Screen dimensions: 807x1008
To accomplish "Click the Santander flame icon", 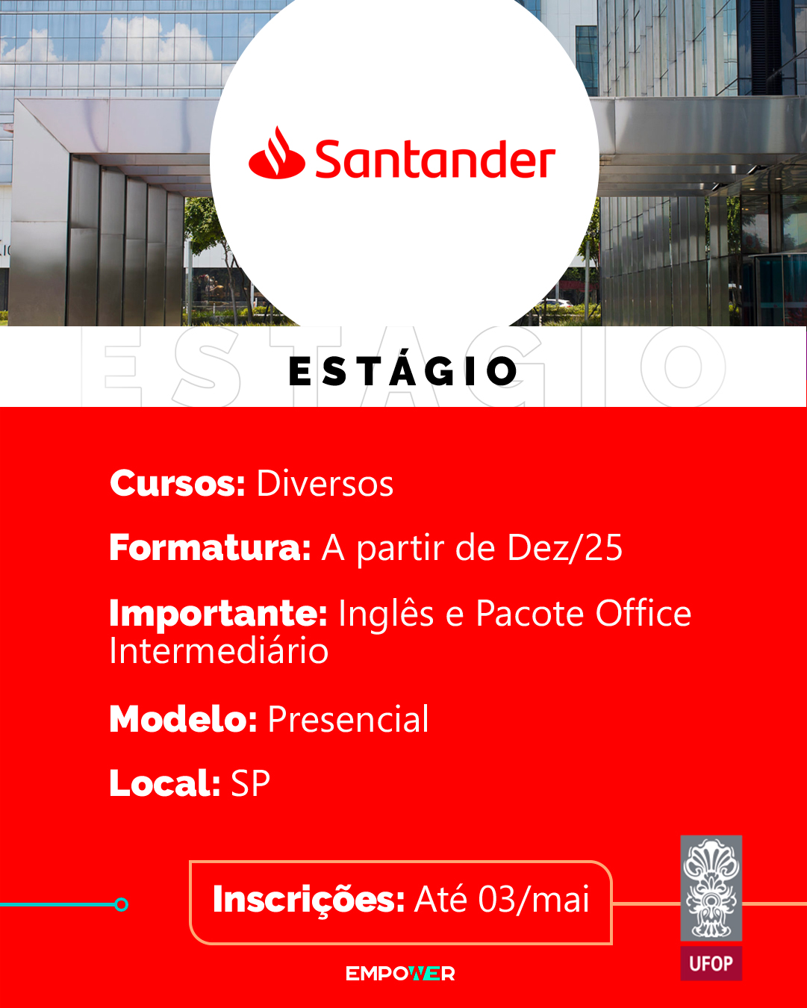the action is tap(277, 153).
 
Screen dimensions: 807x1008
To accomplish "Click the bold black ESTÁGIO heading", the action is tap(403, 370).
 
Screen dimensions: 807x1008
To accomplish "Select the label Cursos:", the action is tap(178, 483).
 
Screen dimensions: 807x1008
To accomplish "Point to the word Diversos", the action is tap(325, 483).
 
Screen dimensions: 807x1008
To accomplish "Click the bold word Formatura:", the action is tap(211, 547).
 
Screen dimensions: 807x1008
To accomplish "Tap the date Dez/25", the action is tap(565, 547).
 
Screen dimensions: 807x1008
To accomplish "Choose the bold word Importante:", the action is tap(218, 614).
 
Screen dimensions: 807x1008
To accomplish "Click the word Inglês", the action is tap(386, 613).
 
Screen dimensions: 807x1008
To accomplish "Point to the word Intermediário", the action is tap(219, 650).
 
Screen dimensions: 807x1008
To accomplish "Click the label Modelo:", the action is tap(183, 718).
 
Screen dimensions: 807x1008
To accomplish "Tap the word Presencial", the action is tap(348, 718).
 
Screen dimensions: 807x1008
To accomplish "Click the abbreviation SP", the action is tap(251, 783).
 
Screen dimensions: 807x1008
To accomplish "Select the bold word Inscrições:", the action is tap(308, 900).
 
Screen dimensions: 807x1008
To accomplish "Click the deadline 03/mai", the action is tap(534, 899).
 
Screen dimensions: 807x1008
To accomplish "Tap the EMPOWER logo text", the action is tap(400, 974).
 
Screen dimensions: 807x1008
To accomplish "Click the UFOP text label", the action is tap(711, 963).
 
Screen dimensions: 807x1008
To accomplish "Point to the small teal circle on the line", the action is tap(121, 904).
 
